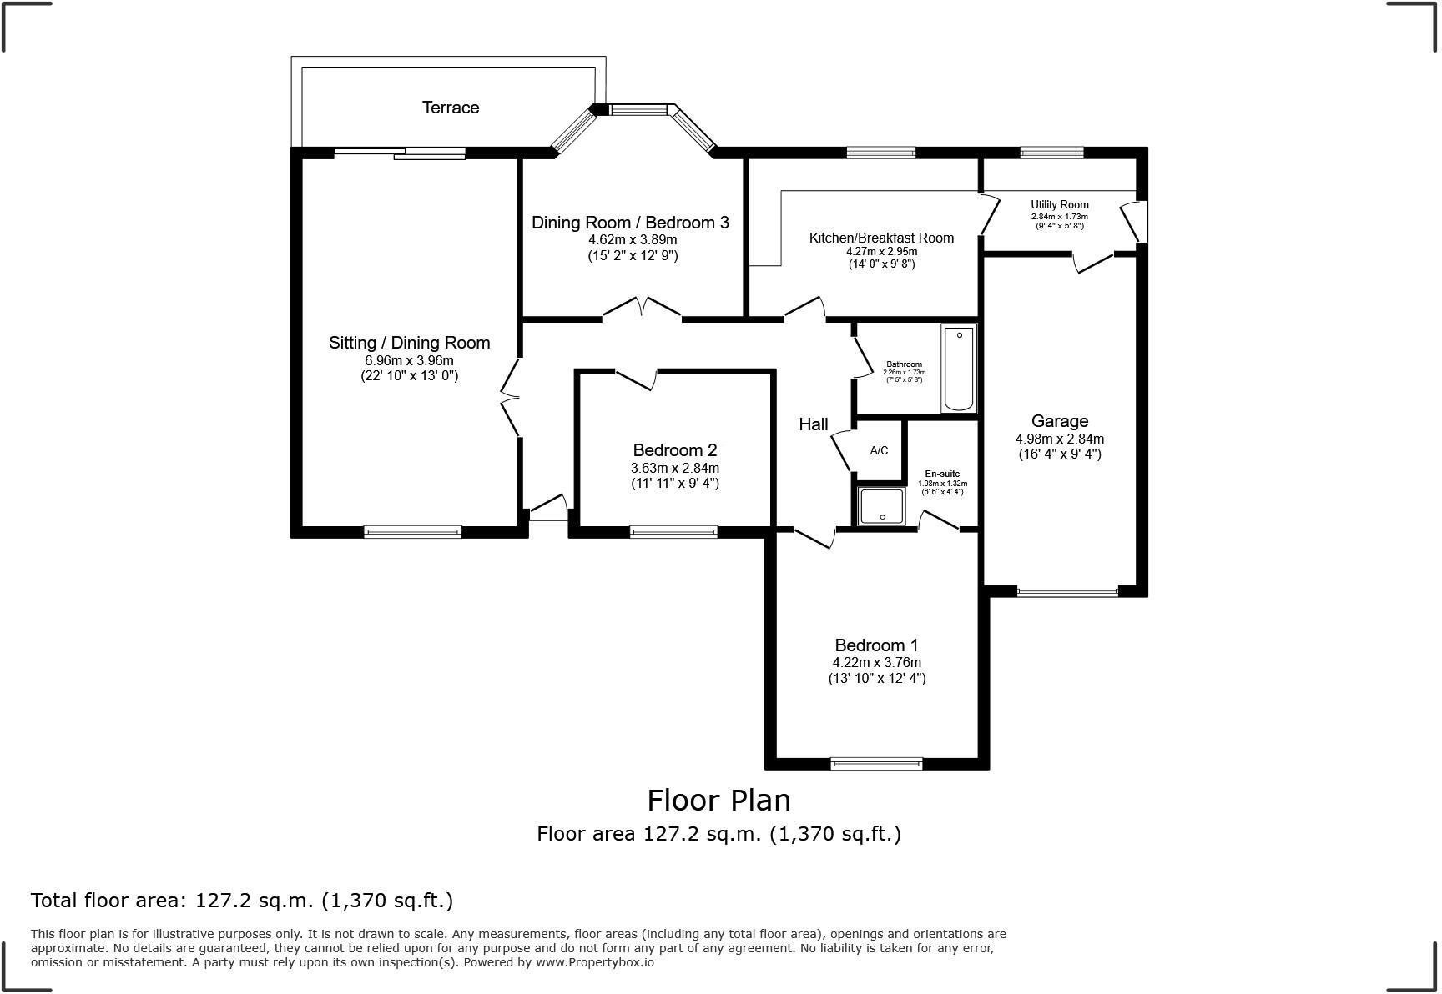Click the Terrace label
(x=451, y=108)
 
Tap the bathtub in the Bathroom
(x=959, y=369)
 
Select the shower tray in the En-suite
(x=881, y=507)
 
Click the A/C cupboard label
(x=879, y=451)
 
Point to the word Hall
(x=814, y=424)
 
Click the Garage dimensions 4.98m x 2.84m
(x=1059, y=439)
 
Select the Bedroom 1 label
(x=876, y=645)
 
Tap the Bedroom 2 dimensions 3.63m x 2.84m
(x=675, y=468)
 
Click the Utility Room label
(x=1059, y=205)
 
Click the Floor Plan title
(x=718, y=801)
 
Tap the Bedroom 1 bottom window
(x=876, y=763)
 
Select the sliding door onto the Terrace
(x=400, y=153)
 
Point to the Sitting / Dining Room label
(x=409, y=343)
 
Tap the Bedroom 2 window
(x=673, y=531)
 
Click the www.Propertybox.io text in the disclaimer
(x=594, y=962)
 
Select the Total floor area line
(x=242, y=901)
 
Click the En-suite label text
(x=942, y=474)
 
